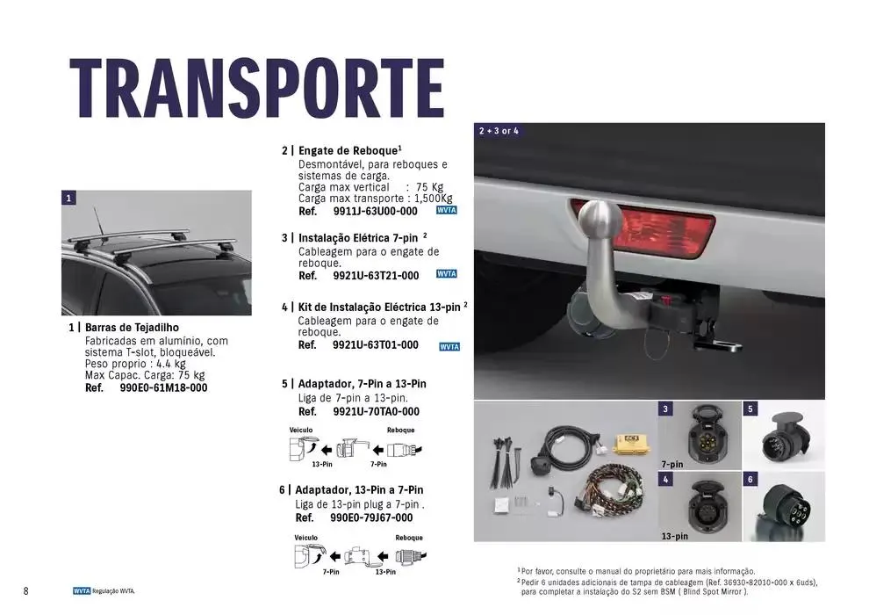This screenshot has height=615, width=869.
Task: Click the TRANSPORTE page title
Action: tap(256, 88)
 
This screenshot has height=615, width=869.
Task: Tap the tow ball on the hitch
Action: tap(600, 221)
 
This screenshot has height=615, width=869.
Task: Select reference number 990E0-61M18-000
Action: tap(163, 388)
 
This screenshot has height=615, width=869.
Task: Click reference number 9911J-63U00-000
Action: tap(375, 211)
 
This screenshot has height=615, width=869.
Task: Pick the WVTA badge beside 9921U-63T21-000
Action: tap(447, 274)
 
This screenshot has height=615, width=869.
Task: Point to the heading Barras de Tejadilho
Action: tap(132, 328)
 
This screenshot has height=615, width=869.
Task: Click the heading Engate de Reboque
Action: tap(348, 151)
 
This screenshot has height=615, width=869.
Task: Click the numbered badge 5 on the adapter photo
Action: tap(750, 409)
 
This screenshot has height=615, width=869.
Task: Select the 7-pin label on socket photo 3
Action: tap(672, 464)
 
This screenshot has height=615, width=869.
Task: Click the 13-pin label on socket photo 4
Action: tap(674, 536)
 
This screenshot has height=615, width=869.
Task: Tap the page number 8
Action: tap(25, 591)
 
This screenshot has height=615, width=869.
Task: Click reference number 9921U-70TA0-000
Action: tap(377, 412)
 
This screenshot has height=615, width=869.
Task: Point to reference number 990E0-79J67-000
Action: tap(371, 518)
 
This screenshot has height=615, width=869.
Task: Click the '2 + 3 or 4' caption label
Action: tap(499, 131)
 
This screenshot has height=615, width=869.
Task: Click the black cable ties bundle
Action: tap(506, 462)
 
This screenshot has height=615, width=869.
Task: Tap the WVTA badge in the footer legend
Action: tap(82, 591)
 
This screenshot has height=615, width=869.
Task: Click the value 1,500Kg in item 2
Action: tap(434, 199)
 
